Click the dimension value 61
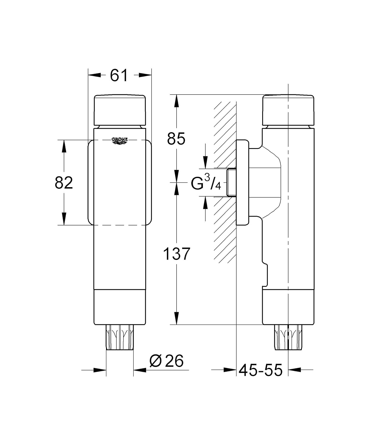coord(119,75)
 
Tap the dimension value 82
coord(64,183)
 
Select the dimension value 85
coord(176,139)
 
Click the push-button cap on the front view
coord(120,110)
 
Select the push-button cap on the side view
coord(288,110)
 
